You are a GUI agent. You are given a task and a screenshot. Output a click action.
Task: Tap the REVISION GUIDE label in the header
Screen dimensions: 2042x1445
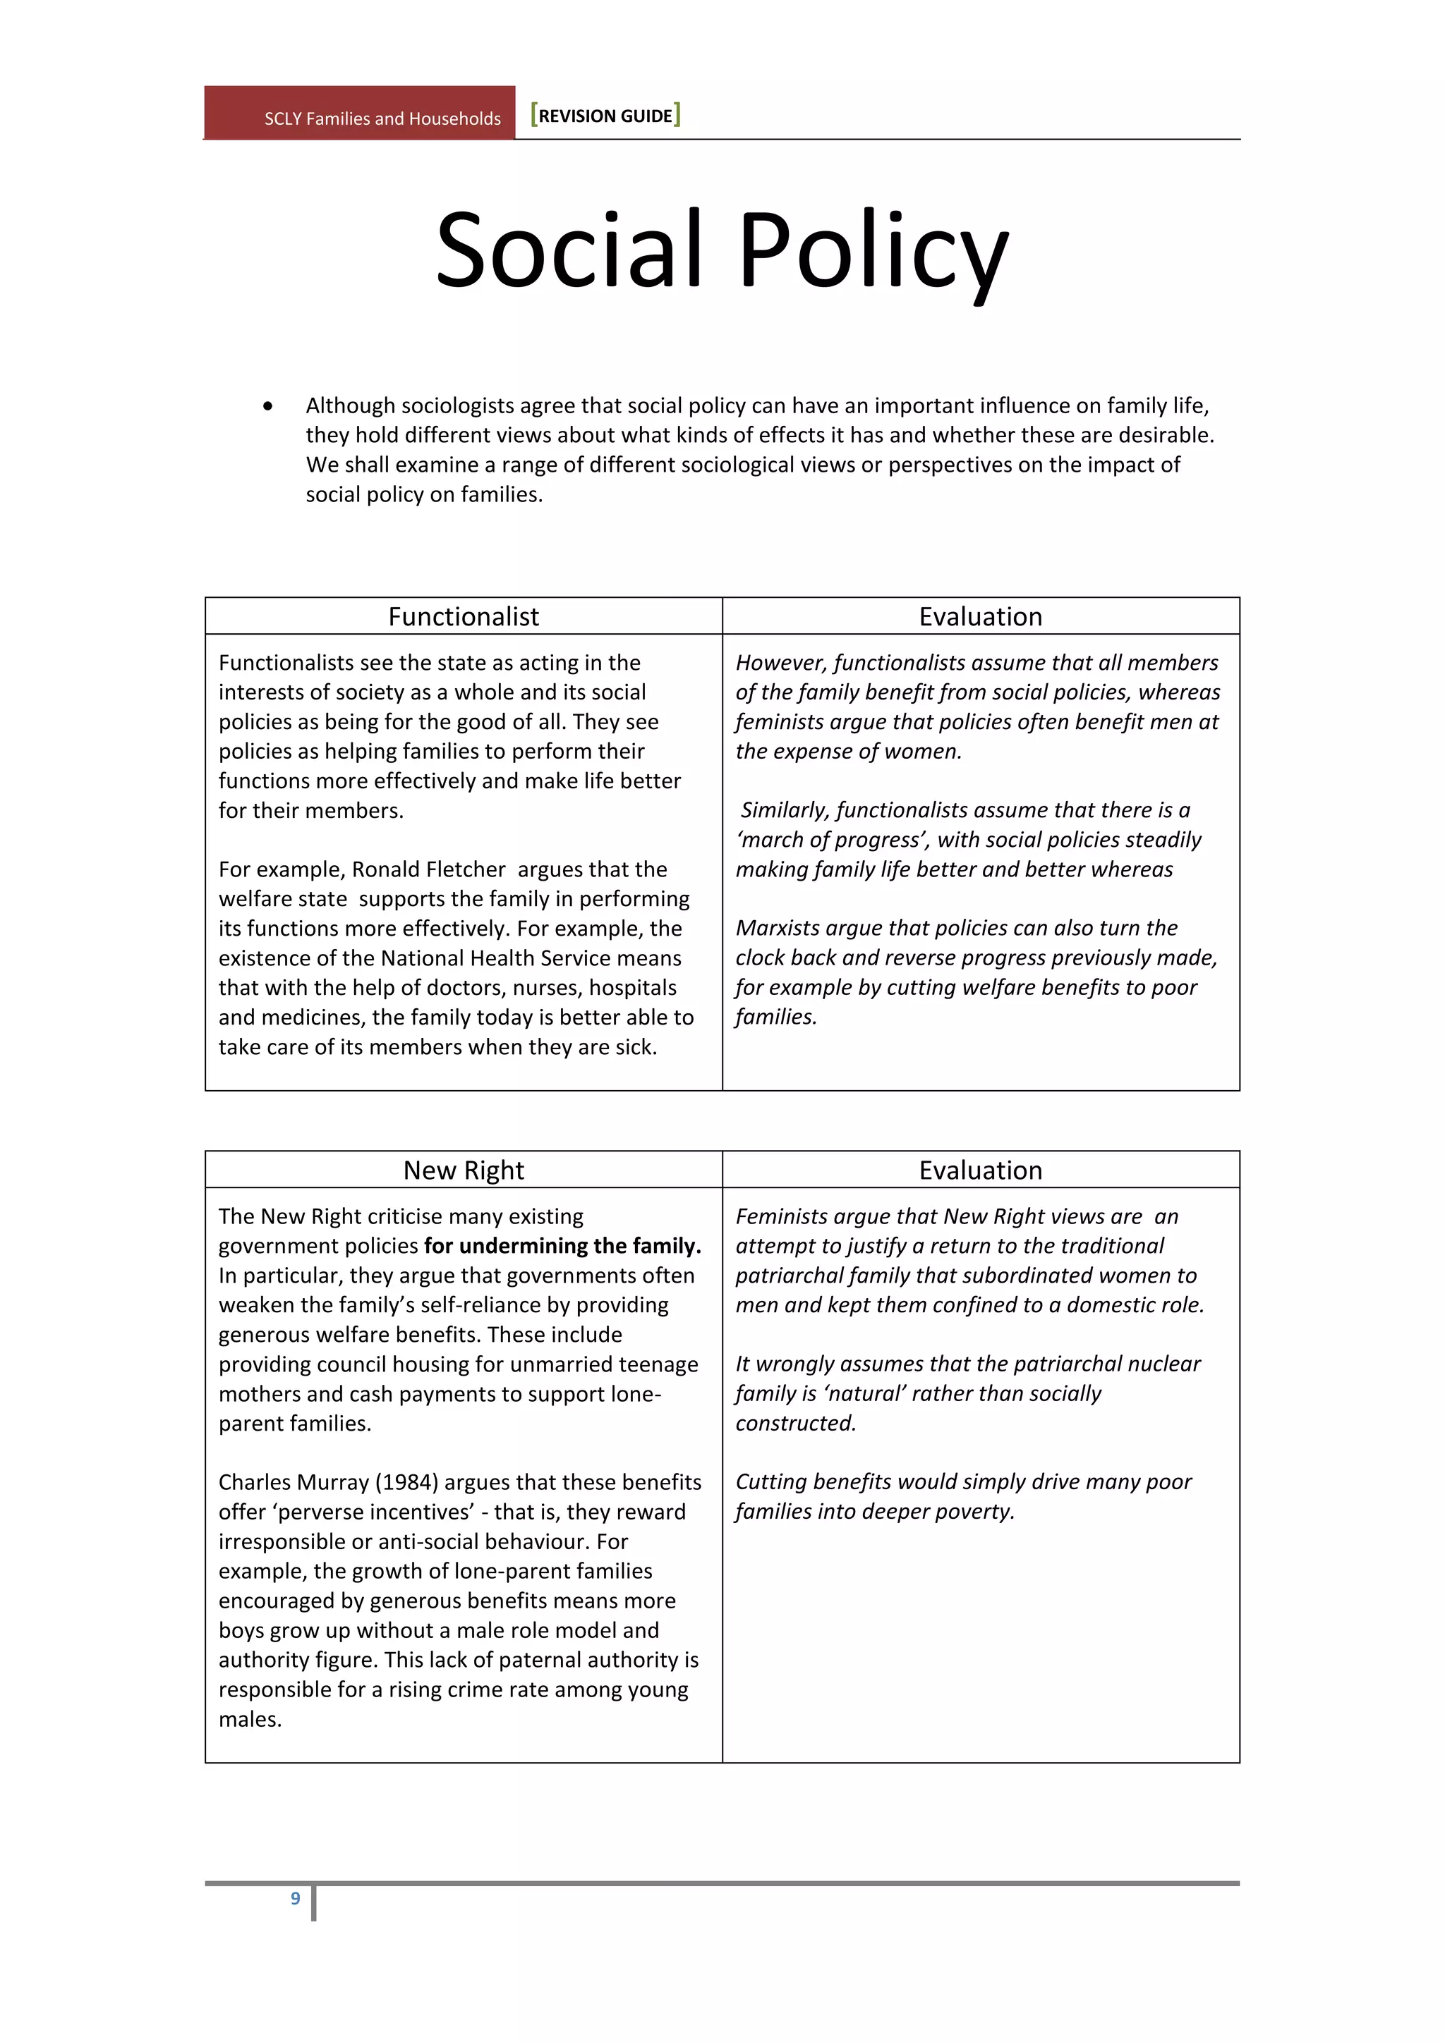coord(605,116)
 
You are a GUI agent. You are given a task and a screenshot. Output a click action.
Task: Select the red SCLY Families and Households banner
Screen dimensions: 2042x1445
coord(359,114)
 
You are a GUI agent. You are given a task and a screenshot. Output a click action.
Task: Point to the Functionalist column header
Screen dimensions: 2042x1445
coord(464,616)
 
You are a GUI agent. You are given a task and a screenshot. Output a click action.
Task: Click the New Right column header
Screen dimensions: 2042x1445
coord(464,1170)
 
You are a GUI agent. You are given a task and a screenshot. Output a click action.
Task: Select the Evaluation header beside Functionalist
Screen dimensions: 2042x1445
coord(981,616)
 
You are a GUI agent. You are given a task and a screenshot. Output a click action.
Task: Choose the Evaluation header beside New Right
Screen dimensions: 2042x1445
coord(981,1170)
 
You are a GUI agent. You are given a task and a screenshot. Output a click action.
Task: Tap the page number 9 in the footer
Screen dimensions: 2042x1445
coord(296,1898)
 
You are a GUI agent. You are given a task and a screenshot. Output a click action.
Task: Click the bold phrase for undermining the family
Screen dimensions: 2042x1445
coord(562,1245)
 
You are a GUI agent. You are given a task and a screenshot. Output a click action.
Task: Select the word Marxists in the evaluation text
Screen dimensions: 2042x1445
coord(777,928)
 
